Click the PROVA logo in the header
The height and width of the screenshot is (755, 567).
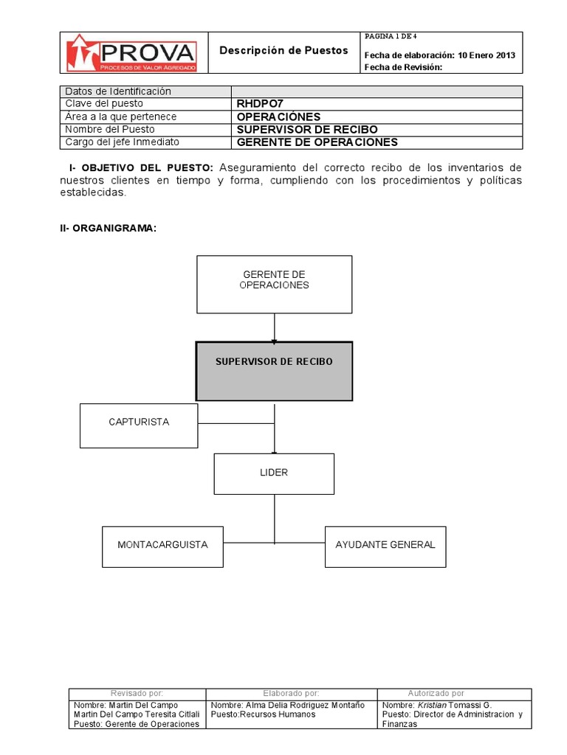(x=131, y=52)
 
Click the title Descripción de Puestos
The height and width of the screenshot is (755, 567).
(x=283, y=51)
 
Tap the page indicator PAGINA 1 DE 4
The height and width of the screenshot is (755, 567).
(x=391, y=36)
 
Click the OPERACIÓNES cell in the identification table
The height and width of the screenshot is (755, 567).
(x=278, y=116)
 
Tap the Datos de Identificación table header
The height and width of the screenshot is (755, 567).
(x=118, y=91)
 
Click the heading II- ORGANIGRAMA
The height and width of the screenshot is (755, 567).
(x=108, y=229)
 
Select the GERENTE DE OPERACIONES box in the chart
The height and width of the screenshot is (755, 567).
(x=274, y=284)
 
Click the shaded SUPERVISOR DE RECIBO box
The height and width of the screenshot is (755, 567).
(x=274, y=370)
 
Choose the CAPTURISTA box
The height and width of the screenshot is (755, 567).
(x=139, y=425)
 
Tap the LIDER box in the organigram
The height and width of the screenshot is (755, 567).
(x=274, y=473)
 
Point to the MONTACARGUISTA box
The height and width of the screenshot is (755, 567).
(x=162, y=546)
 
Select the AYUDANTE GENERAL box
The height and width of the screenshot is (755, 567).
(x=385, y=546)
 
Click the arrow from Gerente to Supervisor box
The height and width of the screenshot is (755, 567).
(x=274, y=327)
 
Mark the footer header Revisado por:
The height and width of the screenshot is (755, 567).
(x=137, y=694)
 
